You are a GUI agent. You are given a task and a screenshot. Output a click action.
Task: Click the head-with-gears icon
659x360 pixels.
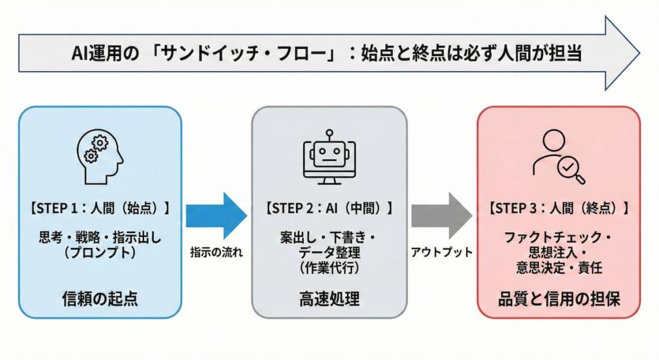[100, 155]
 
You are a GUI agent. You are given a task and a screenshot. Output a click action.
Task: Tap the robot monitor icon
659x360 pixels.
[329, 156]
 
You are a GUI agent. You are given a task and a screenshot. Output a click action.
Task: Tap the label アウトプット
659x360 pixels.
[441, 252]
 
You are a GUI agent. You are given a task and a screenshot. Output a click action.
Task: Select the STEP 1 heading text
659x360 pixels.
[100, 209]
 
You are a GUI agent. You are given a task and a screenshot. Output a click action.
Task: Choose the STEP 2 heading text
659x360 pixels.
[329, 209]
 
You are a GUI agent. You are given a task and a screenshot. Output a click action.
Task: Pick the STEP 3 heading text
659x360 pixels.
[558, 209]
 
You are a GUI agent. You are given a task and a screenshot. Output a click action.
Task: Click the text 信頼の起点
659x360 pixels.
[100, 299]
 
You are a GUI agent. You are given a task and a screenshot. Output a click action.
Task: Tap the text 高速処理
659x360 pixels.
[329, 299]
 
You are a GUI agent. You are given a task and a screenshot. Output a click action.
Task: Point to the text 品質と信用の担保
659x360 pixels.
[558, 299]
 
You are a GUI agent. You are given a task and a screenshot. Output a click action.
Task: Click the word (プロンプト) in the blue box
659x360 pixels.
[100, 253]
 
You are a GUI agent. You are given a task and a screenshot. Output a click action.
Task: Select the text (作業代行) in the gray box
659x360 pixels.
[329, 266]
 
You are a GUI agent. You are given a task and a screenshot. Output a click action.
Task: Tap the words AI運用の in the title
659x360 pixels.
[104, 53]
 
